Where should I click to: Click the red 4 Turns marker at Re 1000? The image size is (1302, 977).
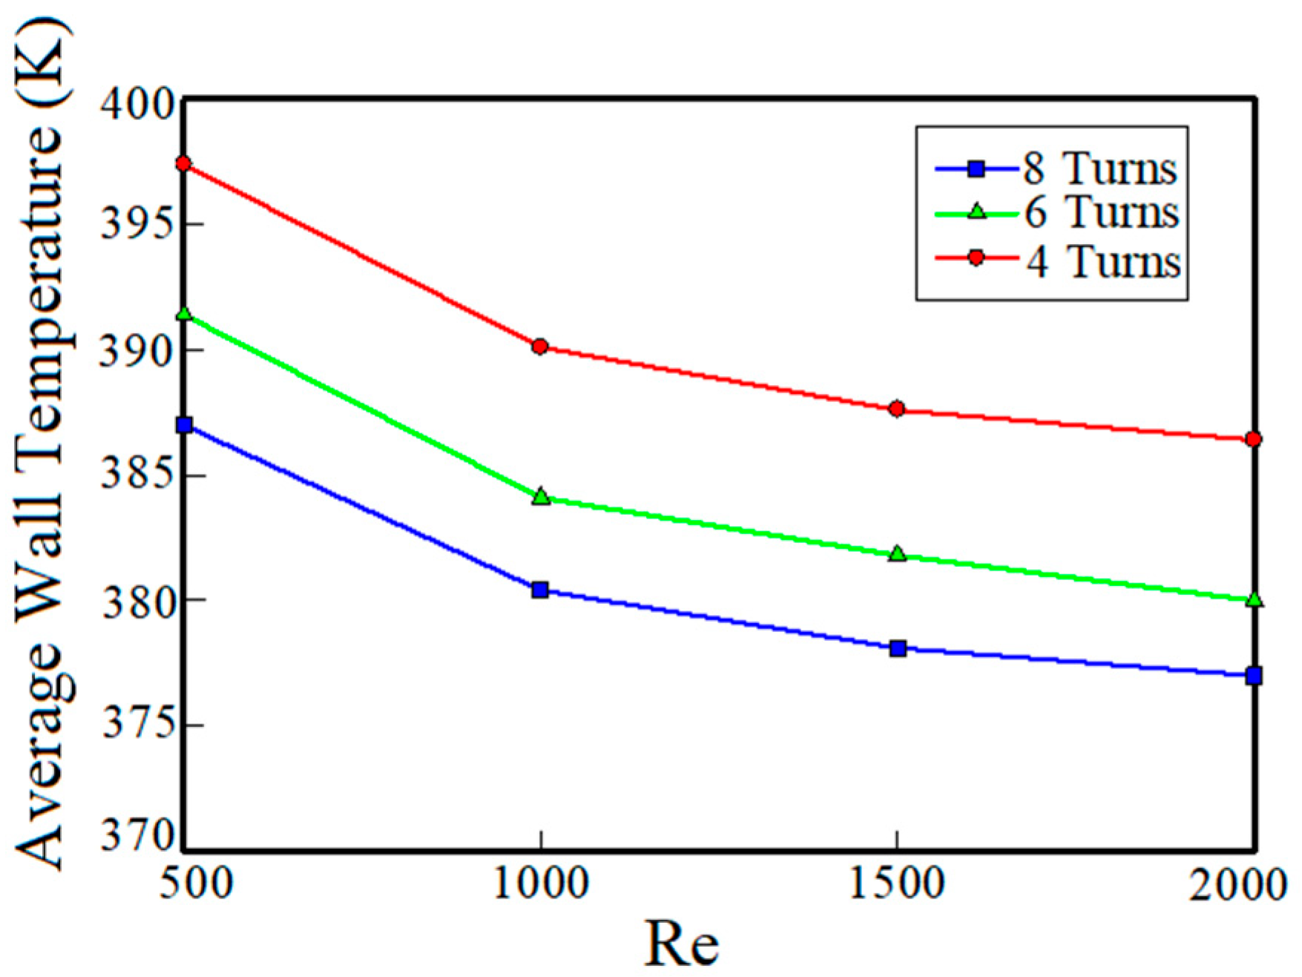[540, 346]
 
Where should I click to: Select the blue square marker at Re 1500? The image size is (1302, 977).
[898, 648]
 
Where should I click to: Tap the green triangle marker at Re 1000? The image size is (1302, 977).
[541, 496]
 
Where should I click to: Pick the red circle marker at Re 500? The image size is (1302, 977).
[184, 164]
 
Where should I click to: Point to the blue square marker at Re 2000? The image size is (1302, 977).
[1254, 676]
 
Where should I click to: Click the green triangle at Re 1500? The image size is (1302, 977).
[898, 553]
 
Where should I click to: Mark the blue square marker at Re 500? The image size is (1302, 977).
[185, 425]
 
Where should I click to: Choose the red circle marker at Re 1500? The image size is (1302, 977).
[897, 409]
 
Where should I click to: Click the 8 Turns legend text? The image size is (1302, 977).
[1100, 170]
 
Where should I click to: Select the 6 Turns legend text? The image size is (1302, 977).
[1102, 213]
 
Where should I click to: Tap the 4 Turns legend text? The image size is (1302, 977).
[1103, 262]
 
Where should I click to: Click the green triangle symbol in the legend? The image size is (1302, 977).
[977, 212]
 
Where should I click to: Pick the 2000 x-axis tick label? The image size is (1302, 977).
[1237, 885]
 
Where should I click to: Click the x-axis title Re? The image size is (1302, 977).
[681, 944]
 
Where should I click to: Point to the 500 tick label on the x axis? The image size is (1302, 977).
[197, 885]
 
